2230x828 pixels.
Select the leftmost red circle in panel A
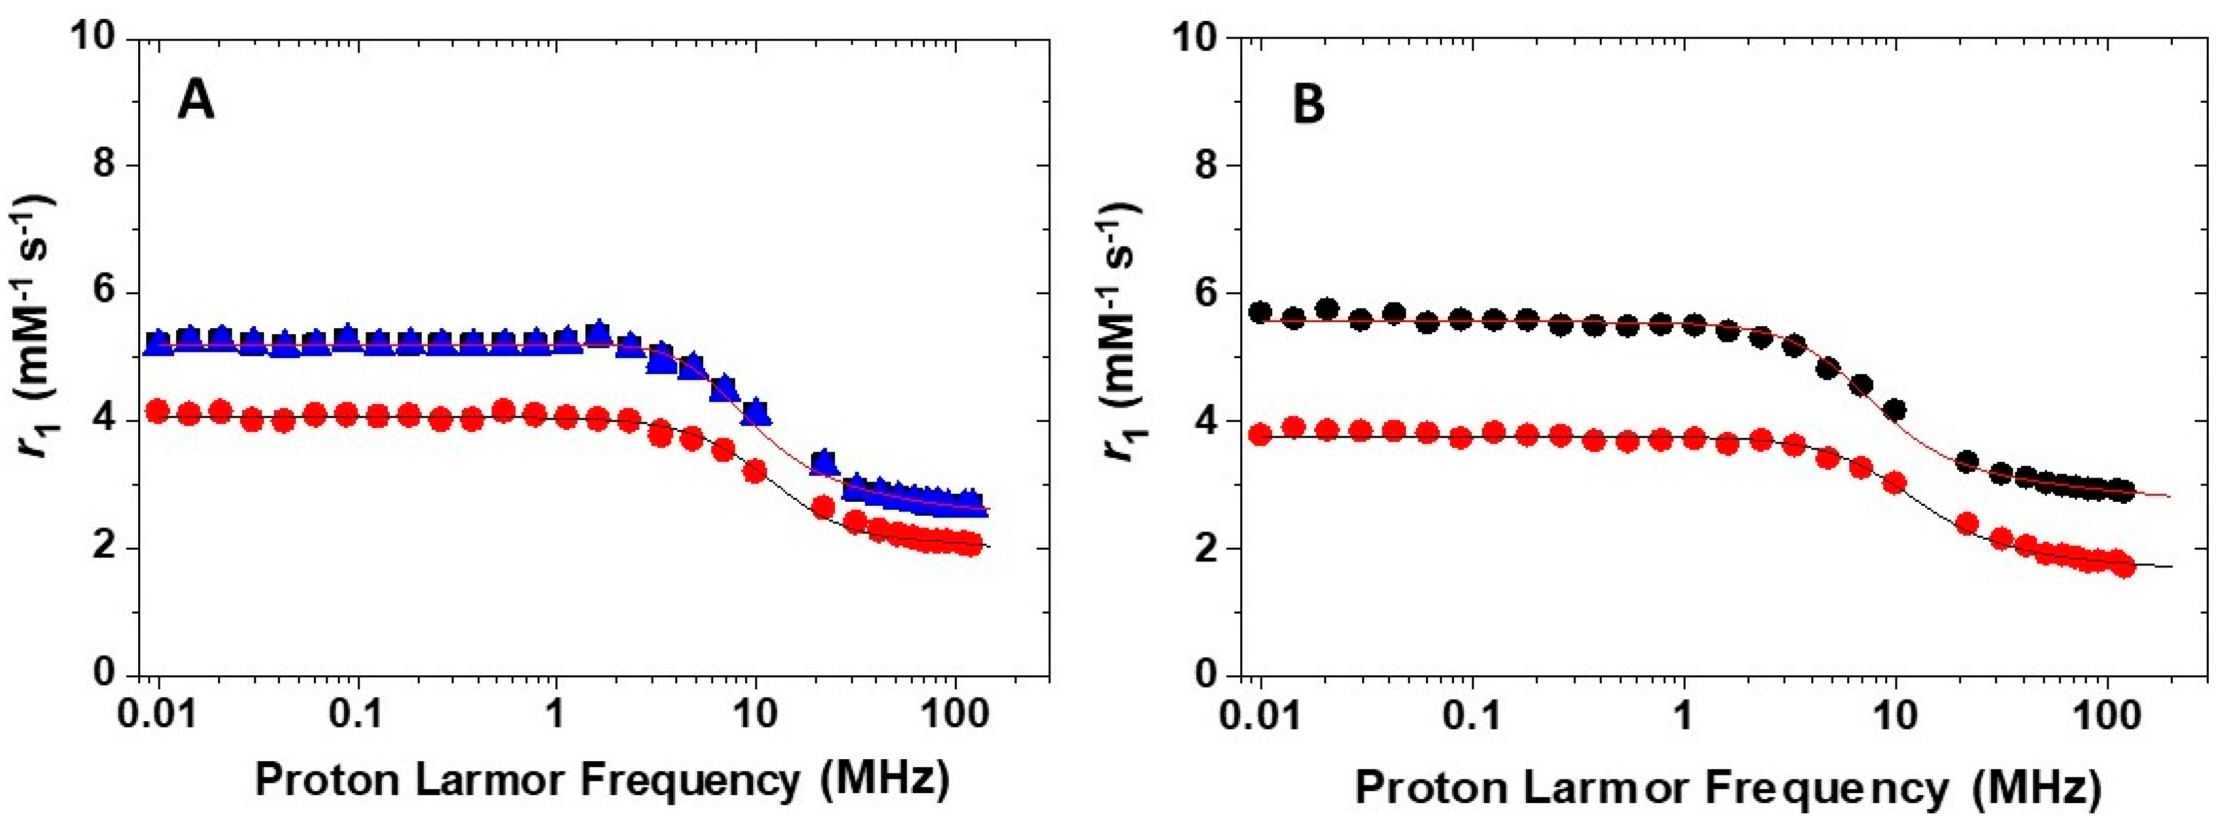157,411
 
